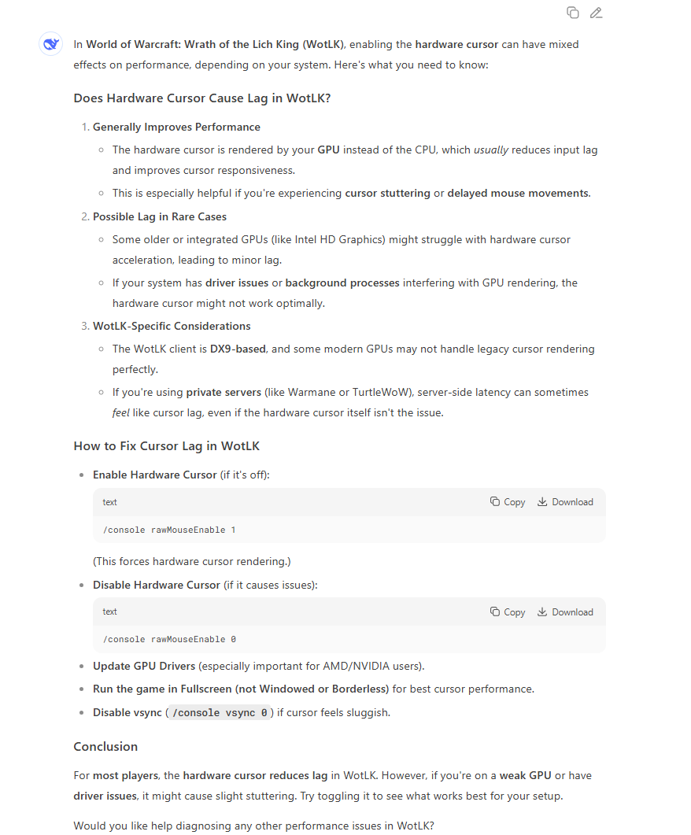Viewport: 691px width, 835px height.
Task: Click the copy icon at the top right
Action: click(573, 13)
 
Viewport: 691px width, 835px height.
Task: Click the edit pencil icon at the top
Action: click(596, 13)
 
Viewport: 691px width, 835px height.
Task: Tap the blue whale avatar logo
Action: click(51, 45)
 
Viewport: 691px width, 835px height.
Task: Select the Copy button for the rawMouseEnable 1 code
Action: click(508, 502)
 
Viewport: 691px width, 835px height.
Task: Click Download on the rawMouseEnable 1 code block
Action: click(565, 502)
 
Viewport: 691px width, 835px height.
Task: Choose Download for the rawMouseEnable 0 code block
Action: click(565, 612)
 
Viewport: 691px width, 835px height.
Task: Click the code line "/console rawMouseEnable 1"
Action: click(169, 530)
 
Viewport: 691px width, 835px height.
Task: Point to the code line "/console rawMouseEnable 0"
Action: click(169, 640)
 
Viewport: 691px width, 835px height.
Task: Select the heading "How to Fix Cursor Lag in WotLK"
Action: click(166, 446)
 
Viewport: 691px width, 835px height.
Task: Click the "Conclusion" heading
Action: click(105, 747)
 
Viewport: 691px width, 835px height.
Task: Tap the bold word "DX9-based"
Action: click(238, 349)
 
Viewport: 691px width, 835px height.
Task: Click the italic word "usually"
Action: click(491, 150)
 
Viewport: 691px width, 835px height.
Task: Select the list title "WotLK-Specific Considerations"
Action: click(172, 326)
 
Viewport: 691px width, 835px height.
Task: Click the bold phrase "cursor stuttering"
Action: click(387, 193)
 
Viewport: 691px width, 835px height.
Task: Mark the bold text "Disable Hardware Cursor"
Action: click(157, 585)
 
